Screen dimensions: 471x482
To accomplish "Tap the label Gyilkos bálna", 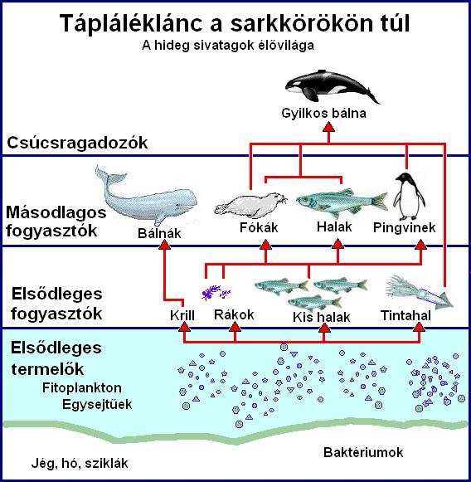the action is click(324, 113).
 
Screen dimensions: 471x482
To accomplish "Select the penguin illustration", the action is click(409, 195).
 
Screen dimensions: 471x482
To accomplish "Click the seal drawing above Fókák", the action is click(250, 204).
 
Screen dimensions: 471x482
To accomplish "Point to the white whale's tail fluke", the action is click(109, 176).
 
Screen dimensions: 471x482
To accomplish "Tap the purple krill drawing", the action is click(216, 292).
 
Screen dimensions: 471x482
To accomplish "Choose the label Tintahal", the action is click(405, 315).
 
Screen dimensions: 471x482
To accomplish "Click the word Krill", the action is click(182, 315).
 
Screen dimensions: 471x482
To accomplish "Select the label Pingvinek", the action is click(405, 228).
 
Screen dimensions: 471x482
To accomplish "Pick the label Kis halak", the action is click(322, 317).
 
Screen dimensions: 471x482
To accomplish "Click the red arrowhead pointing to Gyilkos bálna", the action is click(328, 127).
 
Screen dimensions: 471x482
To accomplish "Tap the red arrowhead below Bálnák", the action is click(165, 245).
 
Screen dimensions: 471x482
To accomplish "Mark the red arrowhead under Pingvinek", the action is click(421, 245).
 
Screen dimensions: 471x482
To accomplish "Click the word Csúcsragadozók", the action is click(77, 143).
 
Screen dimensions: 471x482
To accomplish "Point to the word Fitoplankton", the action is click(82, 387).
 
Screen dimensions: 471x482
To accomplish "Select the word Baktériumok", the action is click(363, 452).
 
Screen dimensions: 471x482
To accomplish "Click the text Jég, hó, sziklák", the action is click(80, 463).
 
